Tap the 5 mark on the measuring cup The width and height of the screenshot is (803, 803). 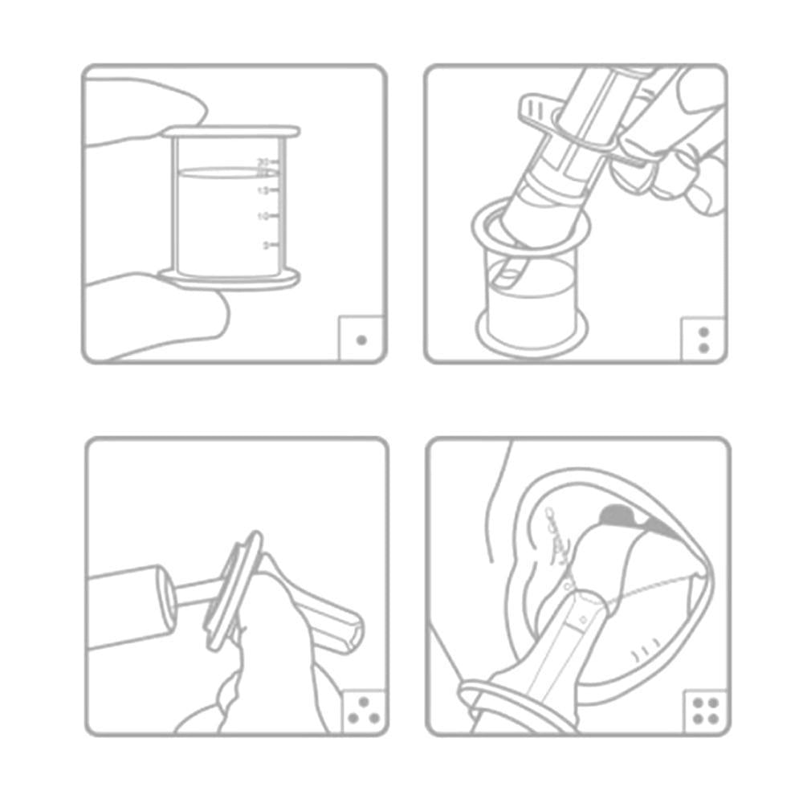[266, 245]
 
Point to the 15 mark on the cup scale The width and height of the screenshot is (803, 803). [262, 190]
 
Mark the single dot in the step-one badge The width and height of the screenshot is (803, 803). [361, 340]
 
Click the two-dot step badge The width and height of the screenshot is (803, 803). [704, 340]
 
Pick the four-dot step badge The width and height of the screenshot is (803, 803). [705, 711]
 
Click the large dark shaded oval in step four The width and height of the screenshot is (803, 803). [617, 512]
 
